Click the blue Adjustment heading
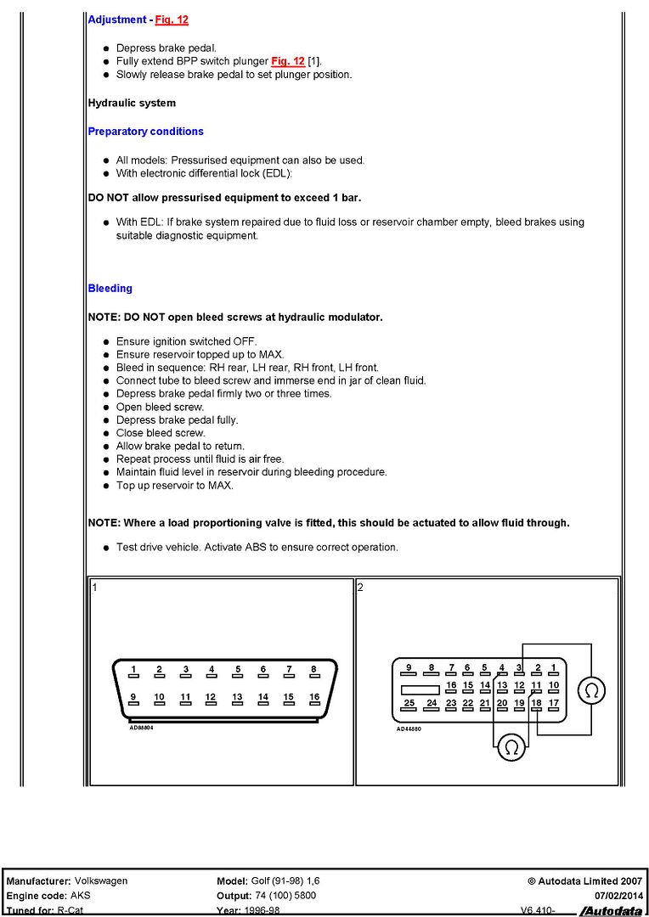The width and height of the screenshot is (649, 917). (x=117, y=19)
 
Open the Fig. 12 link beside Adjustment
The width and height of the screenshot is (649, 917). (x=171, y=19)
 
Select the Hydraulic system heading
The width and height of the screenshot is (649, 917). (x=132, y=103)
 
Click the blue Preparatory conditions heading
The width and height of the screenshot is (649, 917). (x=145, y=132)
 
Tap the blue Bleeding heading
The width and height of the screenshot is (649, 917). (x=110, y=289)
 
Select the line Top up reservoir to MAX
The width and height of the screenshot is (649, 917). (x=174, y=486)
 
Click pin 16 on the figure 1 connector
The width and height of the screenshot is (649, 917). (x=314, y=698)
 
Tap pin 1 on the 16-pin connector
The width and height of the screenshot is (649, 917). (x=133, y=670)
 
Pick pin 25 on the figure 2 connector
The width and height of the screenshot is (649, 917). (x=409, y=703)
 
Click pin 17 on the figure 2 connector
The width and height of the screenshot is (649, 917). (x=553, y=703)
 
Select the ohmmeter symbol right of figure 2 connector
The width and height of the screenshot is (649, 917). (x=591, y=691)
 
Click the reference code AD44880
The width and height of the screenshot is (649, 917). (x=409, y=728)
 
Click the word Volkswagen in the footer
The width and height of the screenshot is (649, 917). (x=101, y=881)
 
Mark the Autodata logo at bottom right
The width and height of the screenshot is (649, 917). (x=611, y=911)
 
